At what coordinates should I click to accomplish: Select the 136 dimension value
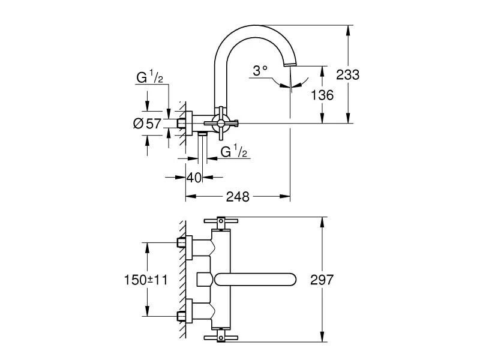tap(322, 95)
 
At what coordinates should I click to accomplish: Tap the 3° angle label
tap(259, 71)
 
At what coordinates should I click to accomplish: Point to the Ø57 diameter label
tap(147, 123)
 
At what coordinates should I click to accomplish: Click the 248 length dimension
tap(238, 196)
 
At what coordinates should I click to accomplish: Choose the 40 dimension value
tap(193, 178)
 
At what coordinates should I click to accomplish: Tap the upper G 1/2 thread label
tap(148, 79)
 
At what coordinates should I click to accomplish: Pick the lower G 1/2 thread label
tap(235, 152)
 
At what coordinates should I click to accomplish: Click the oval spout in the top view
tap(255, 280)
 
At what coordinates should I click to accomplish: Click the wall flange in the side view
tap(188, 123)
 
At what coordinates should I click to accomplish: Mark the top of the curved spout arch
tap(252, 27)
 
